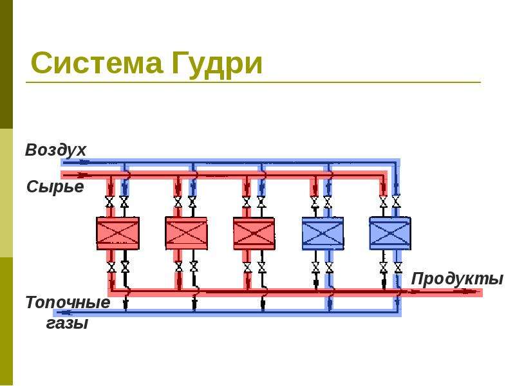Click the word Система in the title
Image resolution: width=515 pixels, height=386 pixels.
click(97, 63)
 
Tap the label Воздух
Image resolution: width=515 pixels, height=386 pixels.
click(55, 151)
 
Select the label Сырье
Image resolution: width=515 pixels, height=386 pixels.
click(55, 187)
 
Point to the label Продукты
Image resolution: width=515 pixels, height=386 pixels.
click(457, 279)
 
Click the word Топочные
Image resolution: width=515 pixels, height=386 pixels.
click(68, 302)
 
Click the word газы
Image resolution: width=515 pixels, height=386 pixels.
click(67, 324)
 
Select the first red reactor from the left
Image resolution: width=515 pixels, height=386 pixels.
click(118, 233)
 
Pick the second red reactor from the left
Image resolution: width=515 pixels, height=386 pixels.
click(186, 233)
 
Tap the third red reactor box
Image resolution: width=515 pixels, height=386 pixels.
click(254, 233)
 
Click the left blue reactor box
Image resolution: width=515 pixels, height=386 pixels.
click(323, 233)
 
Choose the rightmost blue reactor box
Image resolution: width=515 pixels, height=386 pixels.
click(390, 233)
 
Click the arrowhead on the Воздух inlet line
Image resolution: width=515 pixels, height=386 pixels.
click(84, 162)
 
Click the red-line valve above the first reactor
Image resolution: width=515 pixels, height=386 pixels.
click(109, 201)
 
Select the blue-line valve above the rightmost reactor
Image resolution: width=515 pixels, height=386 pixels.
click(397, 201)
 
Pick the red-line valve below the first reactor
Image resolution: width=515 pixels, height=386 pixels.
click(111, 267)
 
